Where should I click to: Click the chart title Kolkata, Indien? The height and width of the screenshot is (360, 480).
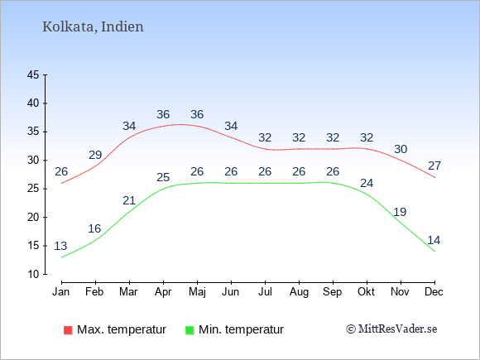93,26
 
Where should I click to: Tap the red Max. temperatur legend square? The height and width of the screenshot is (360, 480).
68,330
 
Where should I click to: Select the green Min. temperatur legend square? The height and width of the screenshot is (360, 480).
190,330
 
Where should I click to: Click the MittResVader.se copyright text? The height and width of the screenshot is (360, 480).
391,329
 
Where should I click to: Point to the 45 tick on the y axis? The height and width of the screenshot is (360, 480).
33,74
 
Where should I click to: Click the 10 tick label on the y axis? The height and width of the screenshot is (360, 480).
33,274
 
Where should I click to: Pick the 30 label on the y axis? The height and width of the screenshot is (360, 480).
33,160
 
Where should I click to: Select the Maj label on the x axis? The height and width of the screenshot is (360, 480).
197,292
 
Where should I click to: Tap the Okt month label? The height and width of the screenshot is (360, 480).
366,292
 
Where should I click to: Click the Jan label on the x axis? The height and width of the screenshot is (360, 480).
61,292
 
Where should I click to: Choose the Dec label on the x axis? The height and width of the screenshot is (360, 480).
434,292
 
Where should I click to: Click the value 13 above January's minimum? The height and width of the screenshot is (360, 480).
60,246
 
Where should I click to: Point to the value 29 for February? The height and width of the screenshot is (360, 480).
95,155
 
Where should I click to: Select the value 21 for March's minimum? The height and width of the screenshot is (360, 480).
129,200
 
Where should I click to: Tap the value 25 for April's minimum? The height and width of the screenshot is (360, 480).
163,177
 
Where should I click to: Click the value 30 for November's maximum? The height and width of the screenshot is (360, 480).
401,149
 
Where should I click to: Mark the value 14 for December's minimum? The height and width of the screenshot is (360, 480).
434,240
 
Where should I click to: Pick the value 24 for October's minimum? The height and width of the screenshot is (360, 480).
367,183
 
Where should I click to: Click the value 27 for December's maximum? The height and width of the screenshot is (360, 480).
434,166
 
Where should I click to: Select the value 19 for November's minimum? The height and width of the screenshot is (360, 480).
400,212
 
